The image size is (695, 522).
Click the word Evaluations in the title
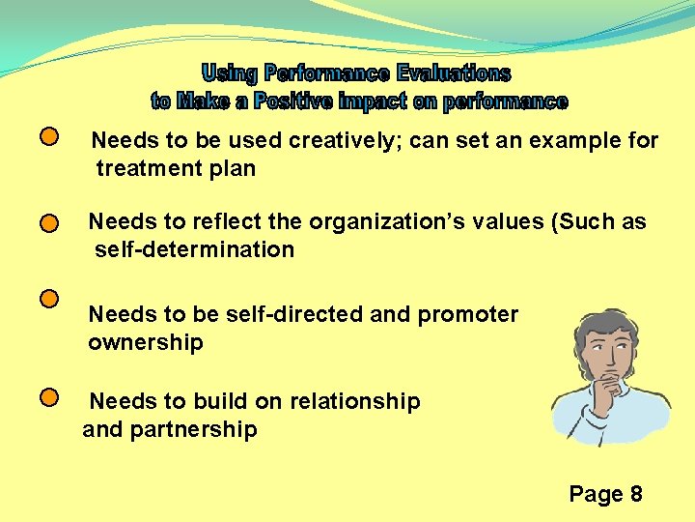tap(450, 73)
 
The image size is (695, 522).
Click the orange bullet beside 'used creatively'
tap(50, 137)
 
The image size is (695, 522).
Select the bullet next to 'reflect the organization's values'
tap(50, 223)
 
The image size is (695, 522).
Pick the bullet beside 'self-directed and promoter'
tap(50, 299)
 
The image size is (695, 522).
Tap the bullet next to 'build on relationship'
tap(50, 396)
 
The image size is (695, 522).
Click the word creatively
tap(344, 141)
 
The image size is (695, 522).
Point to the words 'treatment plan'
tap(176, 169)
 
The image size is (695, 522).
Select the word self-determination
tap(194, 250)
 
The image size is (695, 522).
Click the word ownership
tap(146, 343)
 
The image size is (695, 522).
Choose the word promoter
tap(468, 315)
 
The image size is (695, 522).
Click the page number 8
tap(635, 495)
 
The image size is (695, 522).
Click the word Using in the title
tap(230, 73)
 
